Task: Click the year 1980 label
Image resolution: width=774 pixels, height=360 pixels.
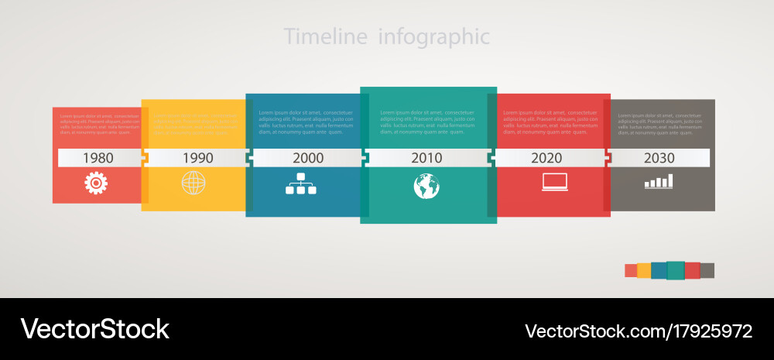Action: click(98, 158)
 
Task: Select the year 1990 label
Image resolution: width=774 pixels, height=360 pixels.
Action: click(197, 158)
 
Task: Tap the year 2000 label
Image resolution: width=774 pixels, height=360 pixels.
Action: click(308, 158)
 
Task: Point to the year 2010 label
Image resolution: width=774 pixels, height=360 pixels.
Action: click(426, 158)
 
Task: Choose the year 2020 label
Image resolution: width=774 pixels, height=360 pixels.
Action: click(546, 158)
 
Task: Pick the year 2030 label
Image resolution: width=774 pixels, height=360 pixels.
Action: click(659, 158)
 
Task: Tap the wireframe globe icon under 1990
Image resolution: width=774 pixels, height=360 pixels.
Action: click(193, 183)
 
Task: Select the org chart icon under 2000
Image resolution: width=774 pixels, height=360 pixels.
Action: click(300, 183)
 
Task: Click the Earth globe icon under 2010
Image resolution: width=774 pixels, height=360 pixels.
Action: click(426, 186)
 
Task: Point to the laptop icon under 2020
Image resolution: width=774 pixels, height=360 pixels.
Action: click(555, 182)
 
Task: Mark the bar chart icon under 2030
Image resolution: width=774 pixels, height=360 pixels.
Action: click(659, 181)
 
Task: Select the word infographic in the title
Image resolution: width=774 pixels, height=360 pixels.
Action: click(434, 36)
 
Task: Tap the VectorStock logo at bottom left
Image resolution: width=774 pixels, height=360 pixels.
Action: click(94, 329)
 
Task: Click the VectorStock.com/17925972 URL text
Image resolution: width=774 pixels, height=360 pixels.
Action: click(639, 331)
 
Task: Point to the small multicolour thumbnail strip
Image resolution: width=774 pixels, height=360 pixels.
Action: click(670, 270)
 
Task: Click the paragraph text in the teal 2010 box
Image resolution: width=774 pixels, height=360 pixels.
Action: click(428, 122)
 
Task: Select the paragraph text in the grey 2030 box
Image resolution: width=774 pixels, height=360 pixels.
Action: click(659, 124)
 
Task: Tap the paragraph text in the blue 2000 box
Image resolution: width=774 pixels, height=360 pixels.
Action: click(306, 122)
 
